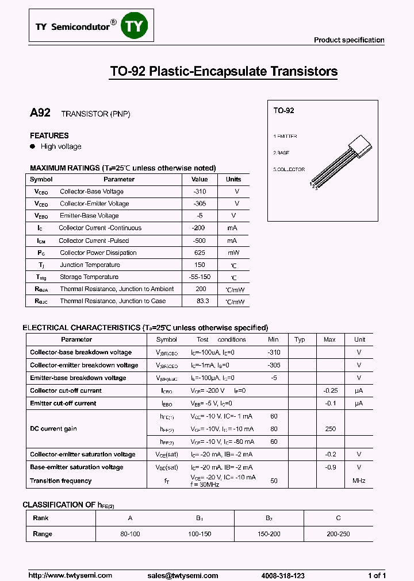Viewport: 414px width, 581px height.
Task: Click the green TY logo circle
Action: (x=135, y=26)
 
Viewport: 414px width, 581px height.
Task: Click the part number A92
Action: (x=40, y=113)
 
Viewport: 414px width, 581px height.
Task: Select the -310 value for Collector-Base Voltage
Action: (x=200, y=192)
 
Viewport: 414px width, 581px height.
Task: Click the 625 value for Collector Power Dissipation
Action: (x=200, y=253)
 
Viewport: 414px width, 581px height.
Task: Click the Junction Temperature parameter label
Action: (x=90, y=265)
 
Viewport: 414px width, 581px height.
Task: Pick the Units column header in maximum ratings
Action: (x=233, y=179)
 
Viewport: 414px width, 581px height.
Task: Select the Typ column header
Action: (x=299, y=339)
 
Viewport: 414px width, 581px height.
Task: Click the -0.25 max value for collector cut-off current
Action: (x=329, y=390)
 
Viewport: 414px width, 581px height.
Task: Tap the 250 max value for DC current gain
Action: (x=329, y=429)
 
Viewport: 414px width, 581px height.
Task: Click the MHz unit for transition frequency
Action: (x=359, y=481)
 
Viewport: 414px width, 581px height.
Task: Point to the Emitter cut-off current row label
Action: (x=63, y=403)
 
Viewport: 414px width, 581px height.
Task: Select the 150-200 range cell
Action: (x=269, y=534)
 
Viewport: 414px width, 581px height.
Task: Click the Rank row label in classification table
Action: (x=41, y=518)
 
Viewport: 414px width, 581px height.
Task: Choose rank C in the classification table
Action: (x=338, y=518)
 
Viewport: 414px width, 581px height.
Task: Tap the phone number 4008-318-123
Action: (x=282, y=575)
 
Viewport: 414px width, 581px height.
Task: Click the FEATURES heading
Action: (x=49, y=135)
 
